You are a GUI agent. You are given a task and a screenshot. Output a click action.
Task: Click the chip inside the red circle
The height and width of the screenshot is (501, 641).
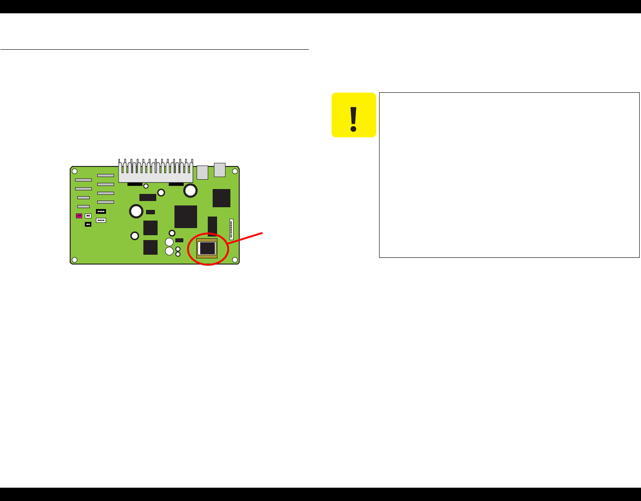[x=207, y=248]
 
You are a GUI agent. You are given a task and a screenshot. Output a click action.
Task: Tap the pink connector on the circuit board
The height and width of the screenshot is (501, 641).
[x=79, y=216]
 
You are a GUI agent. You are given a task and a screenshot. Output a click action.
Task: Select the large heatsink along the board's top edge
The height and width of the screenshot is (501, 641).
[x=155, y=171]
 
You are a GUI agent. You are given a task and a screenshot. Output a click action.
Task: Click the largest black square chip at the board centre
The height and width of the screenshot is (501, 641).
[x=186, y=217]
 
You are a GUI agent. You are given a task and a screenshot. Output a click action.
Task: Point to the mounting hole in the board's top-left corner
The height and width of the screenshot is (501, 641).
[x=75, y=171]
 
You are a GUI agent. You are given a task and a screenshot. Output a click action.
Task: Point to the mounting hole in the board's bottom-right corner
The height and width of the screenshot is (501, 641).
[x=235, y=260]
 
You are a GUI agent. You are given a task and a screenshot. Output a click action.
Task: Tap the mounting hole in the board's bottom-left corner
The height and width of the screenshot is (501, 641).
[x=75, y=260]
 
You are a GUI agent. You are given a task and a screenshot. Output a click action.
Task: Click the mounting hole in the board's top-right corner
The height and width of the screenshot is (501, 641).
[x=235, y=171]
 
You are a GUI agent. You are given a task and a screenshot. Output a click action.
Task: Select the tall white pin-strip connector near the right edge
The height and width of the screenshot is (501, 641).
[x=231, y=229]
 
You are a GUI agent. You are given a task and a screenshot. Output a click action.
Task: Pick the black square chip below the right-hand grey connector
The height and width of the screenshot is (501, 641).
[x=222, y=198]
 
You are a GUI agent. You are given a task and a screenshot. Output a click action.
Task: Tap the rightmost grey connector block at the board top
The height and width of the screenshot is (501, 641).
[x=220, y=170]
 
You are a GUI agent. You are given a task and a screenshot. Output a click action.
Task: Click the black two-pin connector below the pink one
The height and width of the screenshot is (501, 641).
[x=88, y=225]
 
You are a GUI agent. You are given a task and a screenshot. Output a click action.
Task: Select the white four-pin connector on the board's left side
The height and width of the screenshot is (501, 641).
[x=101, y=220]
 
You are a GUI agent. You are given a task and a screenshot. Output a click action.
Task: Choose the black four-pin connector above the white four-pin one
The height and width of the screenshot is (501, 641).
[x=101, y=211]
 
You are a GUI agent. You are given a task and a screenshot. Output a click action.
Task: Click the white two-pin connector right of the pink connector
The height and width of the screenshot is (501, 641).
[x=88, y=216]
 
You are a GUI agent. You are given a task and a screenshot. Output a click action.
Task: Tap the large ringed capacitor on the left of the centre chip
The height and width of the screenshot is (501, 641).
[x=136, y=211]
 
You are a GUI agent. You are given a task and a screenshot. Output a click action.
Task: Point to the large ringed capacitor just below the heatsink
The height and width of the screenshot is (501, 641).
[x=191, y=191]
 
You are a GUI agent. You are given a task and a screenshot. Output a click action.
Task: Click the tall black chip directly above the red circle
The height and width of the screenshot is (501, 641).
[x=212, y=225]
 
